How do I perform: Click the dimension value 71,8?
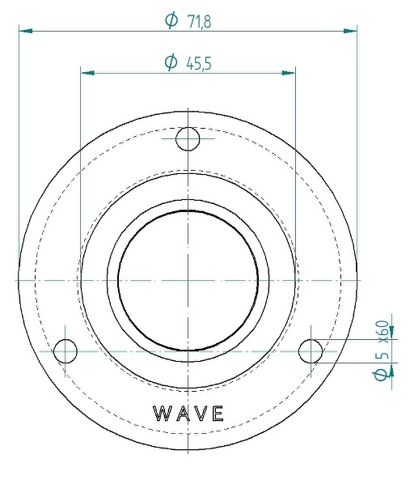coord(199,22)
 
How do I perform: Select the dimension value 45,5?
coord(199,64)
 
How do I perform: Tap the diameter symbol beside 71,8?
coord(171,20)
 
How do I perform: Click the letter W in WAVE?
coord(163,414)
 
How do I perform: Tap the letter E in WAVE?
coord(218,414)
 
